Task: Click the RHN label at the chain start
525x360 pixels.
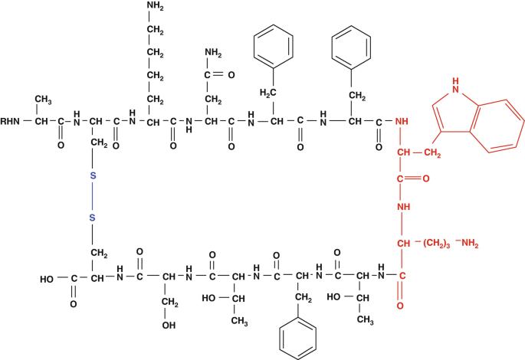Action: (12, 120)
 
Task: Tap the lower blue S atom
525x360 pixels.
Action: (93, 219)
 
